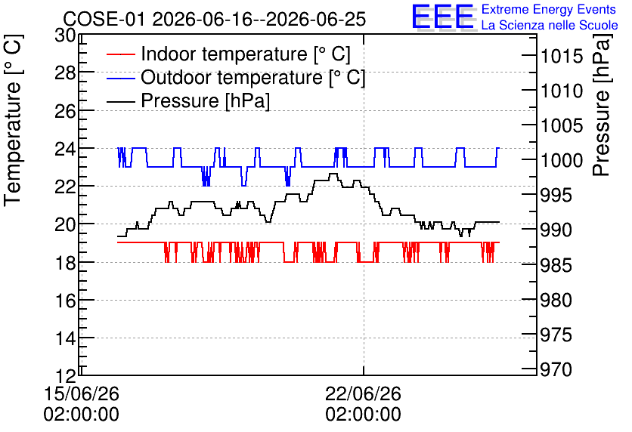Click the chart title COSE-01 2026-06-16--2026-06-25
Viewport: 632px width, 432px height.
215,19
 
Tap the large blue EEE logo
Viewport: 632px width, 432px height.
442,17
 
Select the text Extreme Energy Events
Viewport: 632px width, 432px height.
549,9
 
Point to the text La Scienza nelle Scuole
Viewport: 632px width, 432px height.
550,25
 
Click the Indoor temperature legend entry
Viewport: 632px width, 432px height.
229,54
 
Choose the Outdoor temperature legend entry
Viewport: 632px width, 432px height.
236,77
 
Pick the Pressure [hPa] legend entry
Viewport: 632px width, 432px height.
189,100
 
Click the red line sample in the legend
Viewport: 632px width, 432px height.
120,54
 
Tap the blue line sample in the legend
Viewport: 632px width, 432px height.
120,78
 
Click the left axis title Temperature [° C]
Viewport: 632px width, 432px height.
13,121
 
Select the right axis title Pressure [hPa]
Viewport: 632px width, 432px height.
603,106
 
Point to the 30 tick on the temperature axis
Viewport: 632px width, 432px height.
65,35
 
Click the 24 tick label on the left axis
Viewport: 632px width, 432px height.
65,150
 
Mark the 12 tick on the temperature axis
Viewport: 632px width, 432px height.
65,376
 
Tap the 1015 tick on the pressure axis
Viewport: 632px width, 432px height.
556,56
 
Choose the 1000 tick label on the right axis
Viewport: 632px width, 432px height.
556,161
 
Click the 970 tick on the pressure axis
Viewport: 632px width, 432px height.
556,369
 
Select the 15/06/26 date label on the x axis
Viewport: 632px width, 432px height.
82,393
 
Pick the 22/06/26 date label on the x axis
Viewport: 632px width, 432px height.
364,393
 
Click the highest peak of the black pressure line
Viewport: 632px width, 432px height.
333,174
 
